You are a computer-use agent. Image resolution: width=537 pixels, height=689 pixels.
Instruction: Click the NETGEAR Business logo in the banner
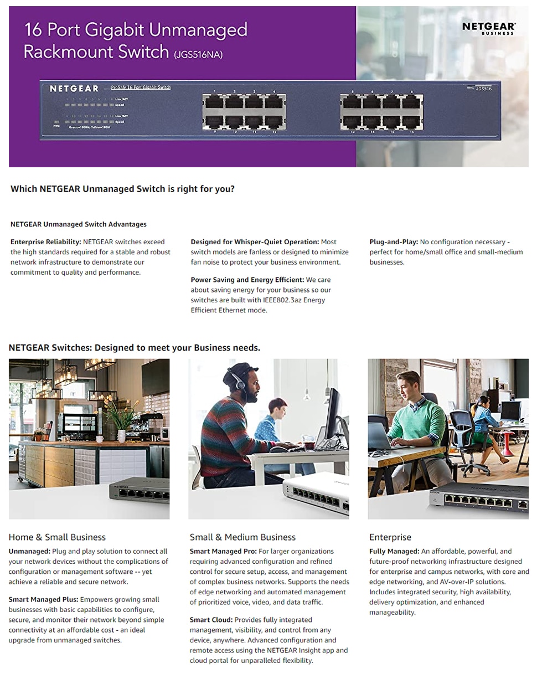[x=489, y=28]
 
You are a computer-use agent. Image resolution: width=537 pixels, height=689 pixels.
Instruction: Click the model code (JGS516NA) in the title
[x=198, y=54]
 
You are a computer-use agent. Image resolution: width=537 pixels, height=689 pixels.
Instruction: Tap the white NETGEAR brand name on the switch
[x=74, y=89]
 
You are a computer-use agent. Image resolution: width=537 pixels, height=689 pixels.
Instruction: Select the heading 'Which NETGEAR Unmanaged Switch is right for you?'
[x=122, y=189]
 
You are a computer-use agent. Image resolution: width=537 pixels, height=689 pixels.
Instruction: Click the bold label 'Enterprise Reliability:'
[x=46, y=242]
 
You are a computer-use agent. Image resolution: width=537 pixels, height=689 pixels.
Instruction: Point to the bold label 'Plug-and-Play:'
[x=394, y=242]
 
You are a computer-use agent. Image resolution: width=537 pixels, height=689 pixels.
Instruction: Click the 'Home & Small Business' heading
[x=57, y=537]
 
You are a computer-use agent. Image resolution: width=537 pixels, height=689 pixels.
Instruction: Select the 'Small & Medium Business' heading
[x=242, y=537]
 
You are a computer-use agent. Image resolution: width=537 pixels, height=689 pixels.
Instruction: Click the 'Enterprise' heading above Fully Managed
[x=390, y=537]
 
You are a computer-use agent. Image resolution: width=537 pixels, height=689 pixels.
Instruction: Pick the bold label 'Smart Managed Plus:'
[x=43, y=600]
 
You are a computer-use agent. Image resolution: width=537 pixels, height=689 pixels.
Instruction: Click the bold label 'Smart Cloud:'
[x=211, y=620]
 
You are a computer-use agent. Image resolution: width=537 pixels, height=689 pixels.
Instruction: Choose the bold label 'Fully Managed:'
[x=394, y=552]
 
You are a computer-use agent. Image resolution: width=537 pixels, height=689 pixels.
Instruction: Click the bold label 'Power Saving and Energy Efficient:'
[x=247, y=280]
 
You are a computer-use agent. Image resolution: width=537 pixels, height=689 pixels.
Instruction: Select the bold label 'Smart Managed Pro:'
[x=223, y=552]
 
